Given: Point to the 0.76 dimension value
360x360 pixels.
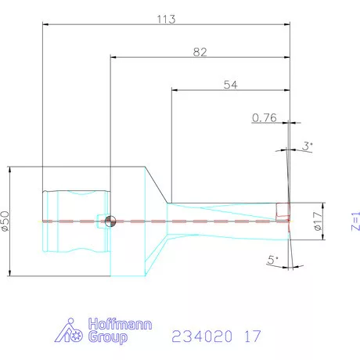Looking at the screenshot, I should pos(265,118).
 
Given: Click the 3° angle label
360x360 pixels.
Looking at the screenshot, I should pos(308,146).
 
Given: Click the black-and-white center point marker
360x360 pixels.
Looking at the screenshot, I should pos(111,221).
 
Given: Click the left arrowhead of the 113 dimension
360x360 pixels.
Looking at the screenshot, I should pos(45,23).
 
